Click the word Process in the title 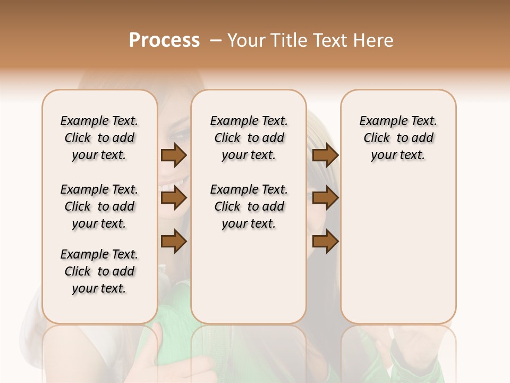tap(164, 40)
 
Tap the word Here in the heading tap(375, 40)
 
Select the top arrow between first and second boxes tap(174, 155)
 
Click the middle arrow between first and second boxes tap(174, 198)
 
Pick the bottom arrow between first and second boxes tap(174, 242)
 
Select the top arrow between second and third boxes tap(325, 155)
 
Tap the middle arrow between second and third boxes tap(325, 198)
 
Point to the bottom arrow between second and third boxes tap(325, 242)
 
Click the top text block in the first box tap(99, 138)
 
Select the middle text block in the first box tap(99, 206)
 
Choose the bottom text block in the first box tap(99, 271)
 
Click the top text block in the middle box tap(249, 138)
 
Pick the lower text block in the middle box tap(249, 206)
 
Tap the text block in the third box tap(398, 138)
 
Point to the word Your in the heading tap(246, 40)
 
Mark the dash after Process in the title tap(216, 40)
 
